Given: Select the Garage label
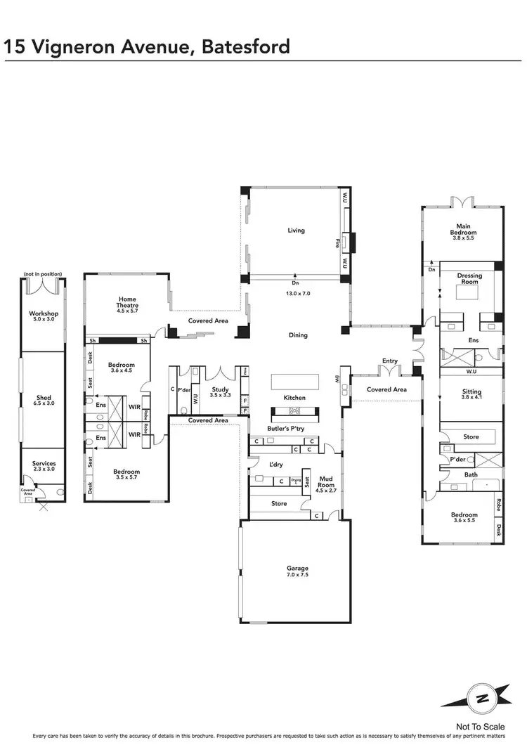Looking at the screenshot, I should click(297, 568).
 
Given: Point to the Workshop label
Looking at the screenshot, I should click(44, 313).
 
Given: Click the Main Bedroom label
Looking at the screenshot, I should click(464, 229).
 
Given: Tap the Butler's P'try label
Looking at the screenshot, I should click(284, 428).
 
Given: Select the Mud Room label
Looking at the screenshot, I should click(327, 481).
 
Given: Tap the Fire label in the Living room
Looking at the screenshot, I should click(337, 243).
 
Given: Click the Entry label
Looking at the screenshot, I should click(389, 361).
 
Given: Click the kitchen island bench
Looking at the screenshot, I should click(297, 381).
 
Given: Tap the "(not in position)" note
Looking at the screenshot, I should click(43, 273).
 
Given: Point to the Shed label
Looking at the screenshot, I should click(44, 398).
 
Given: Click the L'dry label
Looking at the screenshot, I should click(276, 465).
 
